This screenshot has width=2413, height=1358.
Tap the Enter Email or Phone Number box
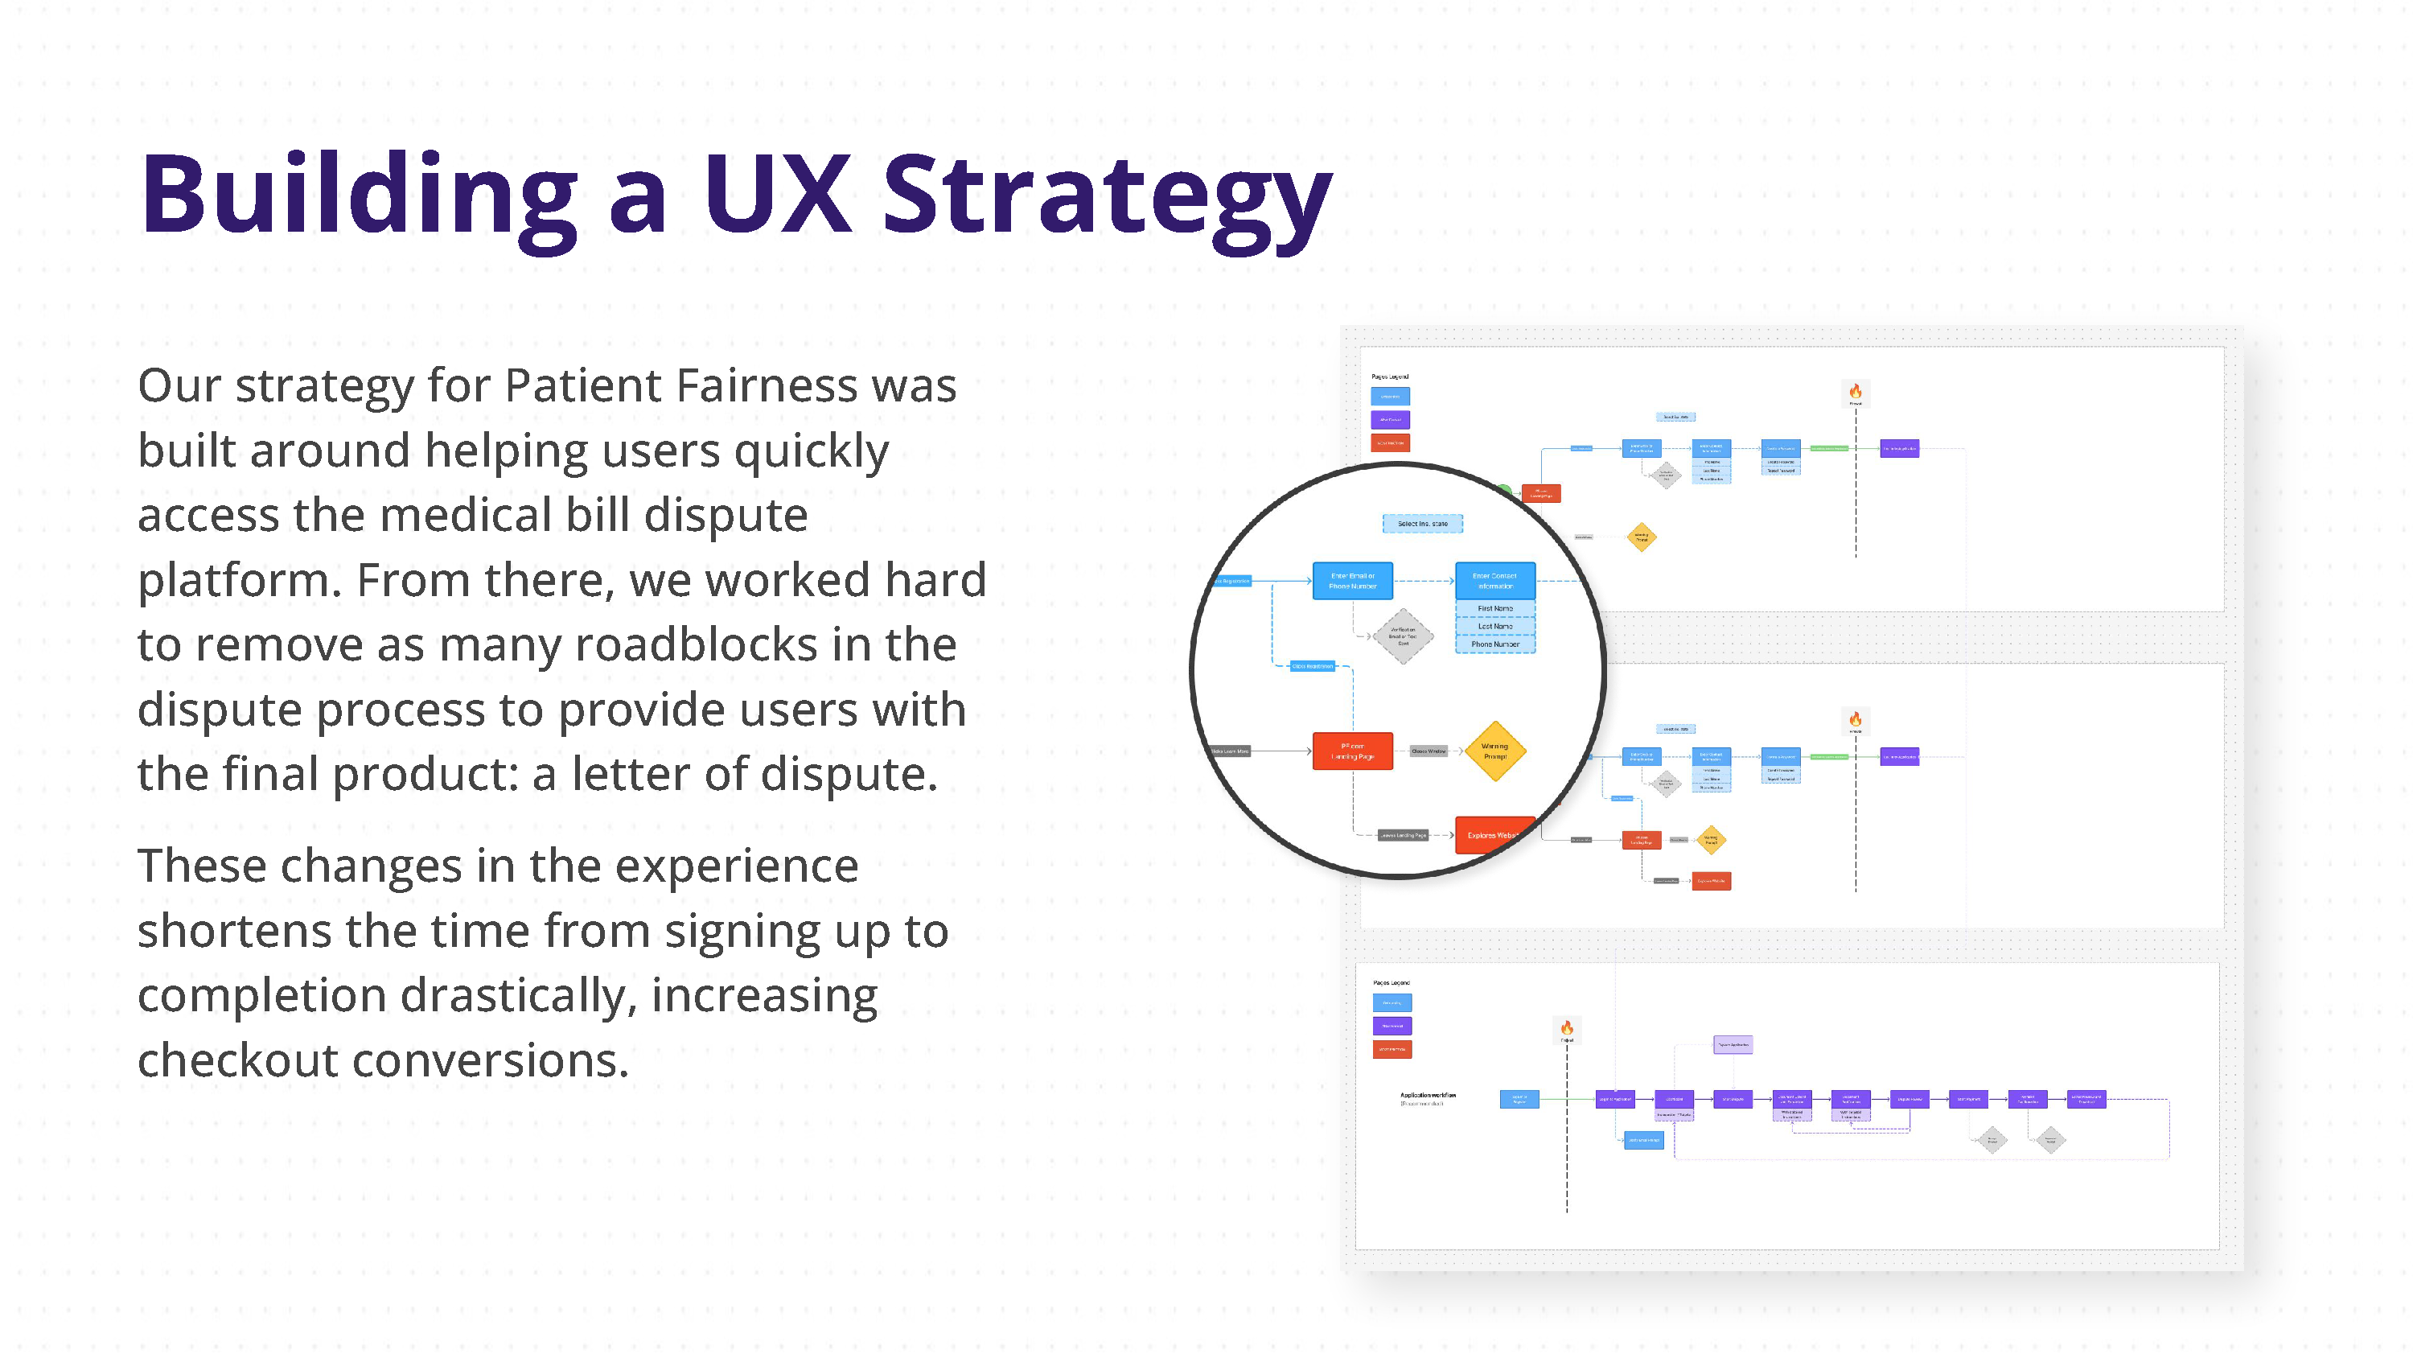(1353, 581)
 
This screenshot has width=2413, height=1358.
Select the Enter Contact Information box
(1495, 581)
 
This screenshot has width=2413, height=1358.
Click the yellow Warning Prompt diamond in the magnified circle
(1495, 751)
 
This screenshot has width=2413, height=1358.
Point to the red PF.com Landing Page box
(1353, 751)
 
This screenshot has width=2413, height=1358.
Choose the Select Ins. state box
(1422, 524)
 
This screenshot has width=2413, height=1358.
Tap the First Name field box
(1495, 608)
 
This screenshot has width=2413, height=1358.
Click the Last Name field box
(1495, 626)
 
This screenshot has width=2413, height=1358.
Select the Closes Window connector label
(1428, 751)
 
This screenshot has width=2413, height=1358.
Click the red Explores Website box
(1493, 835)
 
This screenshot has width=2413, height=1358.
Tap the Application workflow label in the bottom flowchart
(1428, 1095)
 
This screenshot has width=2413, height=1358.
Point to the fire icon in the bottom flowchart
(1567, 1028)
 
